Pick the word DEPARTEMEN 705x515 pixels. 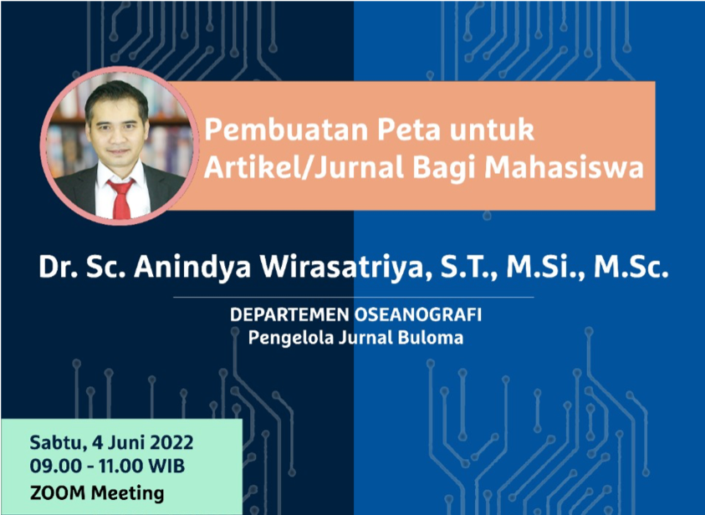pos(289,315)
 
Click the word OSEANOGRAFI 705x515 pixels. pos(417,315)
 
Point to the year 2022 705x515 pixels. pos(171,442)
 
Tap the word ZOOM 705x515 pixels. pos(57,493)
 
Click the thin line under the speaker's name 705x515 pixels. pos(354,298)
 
